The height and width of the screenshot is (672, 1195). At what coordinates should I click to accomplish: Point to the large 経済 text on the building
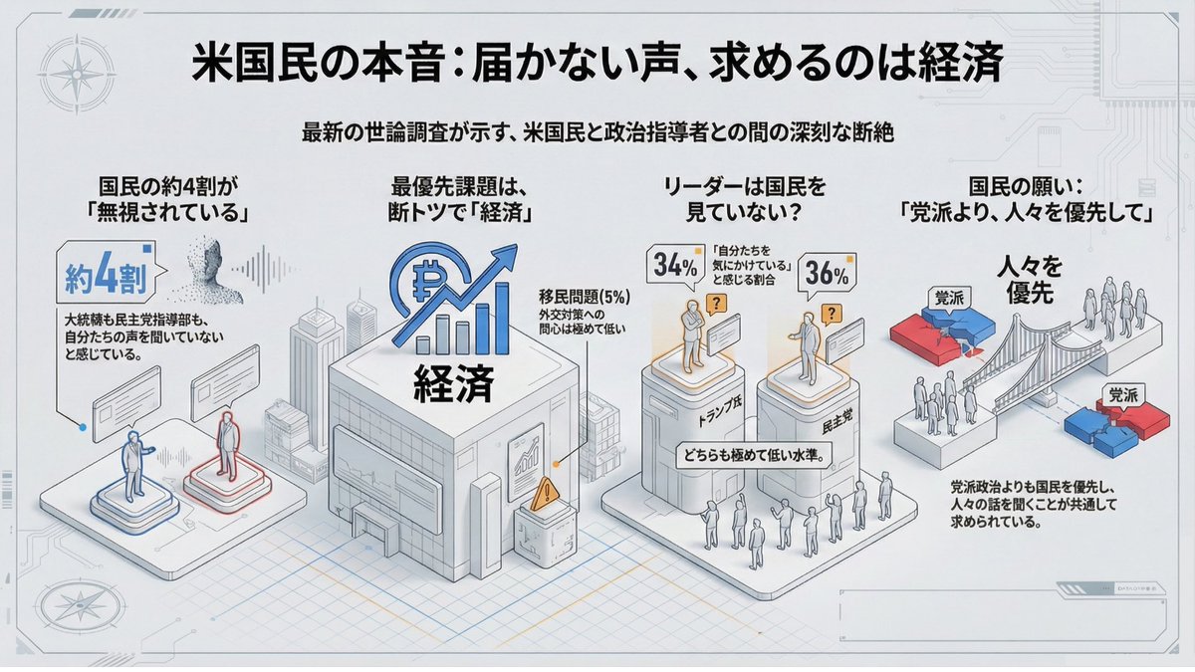(x=454, y=383)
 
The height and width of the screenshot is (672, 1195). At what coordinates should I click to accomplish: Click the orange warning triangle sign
(x=544, y=495)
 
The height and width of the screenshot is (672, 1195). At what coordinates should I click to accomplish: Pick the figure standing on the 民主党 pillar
(x=808, y=343)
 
